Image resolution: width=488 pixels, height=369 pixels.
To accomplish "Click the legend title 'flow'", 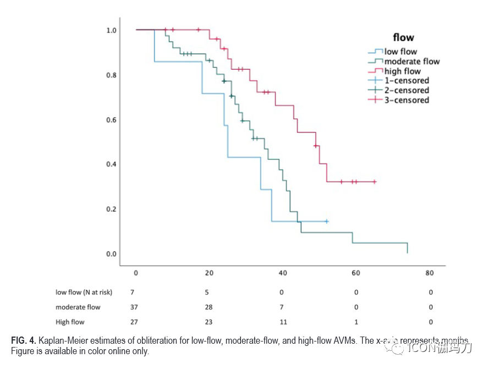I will (403, 38).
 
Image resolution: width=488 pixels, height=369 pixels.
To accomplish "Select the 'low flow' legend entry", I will (401, 52).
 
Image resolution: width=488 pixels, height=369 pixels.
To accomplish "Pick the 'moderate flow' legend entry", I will (412, 62).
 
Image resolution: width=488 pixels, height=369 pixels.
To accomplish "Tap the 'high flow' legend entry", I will (402, 71).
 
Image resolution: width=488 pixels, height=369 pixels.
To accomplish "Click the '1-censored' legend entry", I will (407, 81).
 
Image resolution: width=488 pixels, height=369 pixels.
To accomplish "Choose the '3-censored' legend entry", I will (407, 100).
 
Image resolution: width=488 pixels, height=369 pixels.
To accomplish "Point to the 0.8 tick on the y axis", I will (111, 75).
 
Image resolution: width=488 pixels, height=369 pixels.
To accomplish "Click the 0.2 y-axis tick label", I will (111, 209).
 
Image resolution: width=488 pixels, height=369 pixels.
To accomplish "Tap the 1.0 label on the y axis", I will (111, 30).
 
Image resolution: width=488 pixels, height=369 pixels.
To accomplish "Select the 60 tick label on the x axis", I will (356, 273).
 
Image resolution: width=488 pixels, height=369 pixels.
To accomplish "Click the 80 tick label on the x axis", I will (430, 273).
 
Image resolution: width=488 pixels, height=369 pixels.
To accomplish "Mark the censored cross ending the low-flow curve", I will (326, 221).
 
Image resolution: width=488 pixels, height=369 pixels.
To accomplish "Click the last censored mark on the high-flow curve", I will (374, 181).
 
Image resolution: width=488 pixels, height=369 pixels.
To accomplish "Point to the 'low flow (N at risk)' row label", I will (83, 292).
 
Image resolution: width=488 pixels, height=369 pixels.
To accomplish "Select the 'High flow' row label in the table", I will (70, 322).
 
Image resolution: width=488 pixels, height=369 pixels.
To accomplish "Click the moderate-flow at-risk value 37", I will (133, 307).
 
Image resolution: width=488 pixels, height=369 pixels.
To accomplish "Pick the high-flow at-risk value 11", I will (283, 322).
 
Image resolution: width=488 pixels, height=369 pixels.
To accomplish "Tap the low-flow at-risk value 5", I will (207, 292).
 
